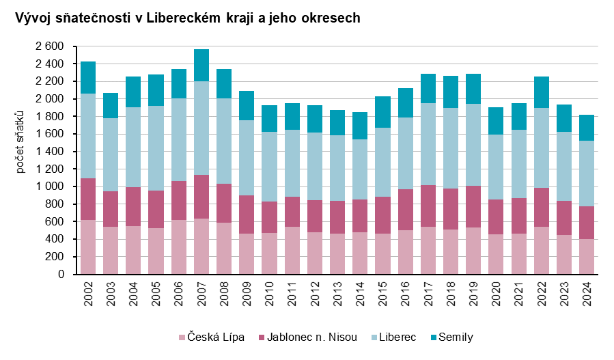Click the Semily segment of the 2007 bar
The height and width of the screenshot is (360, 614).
[x=201, y=66]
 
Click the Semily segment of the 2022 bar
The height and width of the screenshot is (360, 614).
[x=542, y=92]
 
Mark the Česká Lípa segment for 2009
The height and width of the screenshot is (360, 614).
[x=247, y=253]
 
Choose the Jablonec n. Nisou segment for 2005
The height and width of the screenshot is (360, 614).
[x=156, y=209]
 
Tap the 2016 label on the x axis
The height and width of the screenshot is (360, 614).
[x=406, y=293]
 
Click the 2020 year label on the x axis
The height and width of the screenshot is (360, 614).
[x=497, y=293]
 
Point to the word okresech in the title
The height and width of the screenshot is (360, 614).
[x=331, y=18]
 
